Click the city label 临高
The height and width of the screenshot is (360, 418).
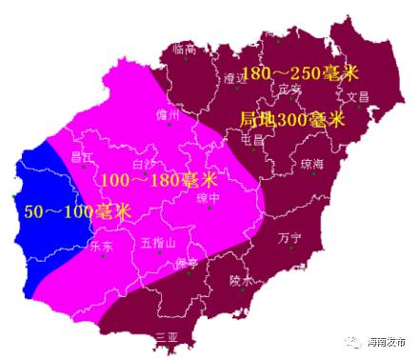(x=184, y=49)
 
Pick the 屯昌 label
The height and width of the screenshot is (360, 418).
(x=253, y=139)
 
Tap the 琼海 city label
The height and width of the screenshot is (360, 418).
(x=312, y=163)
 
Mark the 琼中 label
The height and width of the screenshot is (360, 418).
(x=208, y=198)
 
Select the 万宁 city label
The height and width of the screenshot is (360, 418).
(x=289, y=237)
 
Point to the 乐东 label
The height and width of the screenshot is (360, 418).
(x=100, y=246)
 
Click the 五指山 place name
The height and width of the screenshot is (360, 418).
(x=157, y=244)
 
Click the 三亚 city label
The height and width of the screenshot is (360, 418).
(x=167, y=336)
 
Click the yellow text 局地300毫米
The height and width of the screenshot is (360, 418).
(x=290, y=120)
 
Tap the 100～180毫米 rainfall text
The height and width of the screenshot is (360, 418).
(x=159, y=180)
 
